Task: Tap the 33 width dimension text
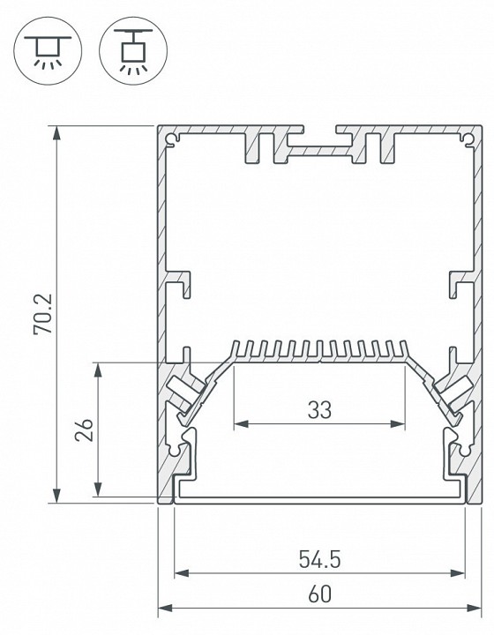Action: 320,409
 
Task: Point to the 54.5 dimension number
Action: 320,559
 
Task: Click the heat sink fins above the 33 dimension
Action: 320,349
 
